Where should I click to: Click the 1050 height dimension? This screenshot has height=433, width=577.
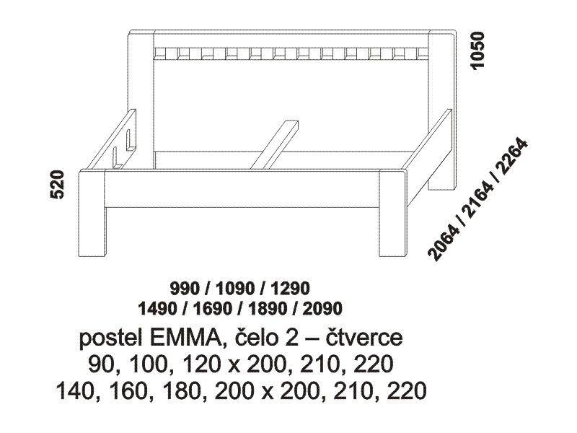(x=478, y=51)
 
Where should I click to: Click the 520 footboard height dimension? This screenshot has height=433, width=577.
(x=57, y=185)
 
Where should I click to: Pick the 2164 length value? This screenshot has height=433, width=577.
(x=477, y=200)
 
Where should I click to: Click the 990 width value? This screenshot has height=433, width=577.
(x=185, y=288)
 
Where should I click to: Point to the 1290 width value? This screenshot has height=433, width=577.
(x=290, y=288)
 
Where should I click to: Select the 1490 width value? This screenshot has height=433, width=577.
(x=157, y=309)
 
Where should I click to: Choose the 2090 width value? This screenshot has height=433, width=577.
(x=322, y=309)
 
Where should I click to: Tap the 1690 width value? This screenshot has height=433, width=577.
(x=212, y=309)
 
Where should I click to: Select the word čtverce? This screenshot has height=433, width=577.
(x=364, y=338)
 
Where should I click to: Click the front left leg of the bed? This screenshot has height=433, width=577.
(x=92, y=213)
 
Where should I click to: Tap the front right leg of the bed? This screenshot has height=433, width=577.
(x=392, y=213)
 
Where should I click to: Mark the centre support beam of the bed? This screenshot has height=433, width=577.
(x=274, y=144)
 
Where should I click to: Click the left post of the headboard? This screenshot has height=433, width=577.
(x=141, y=100)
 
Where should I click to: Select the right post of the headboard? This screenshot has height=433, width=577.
(x=442, y=110)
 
